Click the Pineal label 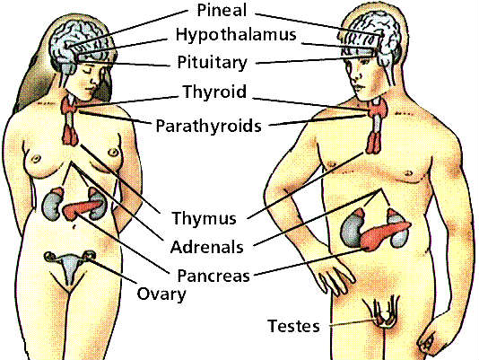click(x=222, y=10)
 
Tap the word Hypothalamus click(x=236, y=34)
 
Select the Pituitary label click(x=212, y=63)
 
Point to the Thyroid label click(x=214, y=92)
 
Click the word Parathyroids click(x=209, y=126)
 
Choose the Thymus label click(x=204, y=218)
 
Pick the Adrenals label click(x=207, y=247)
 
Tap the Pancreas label click(x=213, y=276)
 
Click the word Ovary click(x=161, y=294)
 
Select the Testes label click(x=293, y=326)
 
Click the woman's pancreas click(x=80, y=209)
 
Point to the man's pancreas click(x=385, y=234)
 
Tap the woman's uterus click(x=69, y=267)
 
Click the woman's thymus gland click(x=71, y=136)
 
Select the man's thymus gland click(x=374, y=143)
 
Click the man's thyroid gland click(x=378, y=110)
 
